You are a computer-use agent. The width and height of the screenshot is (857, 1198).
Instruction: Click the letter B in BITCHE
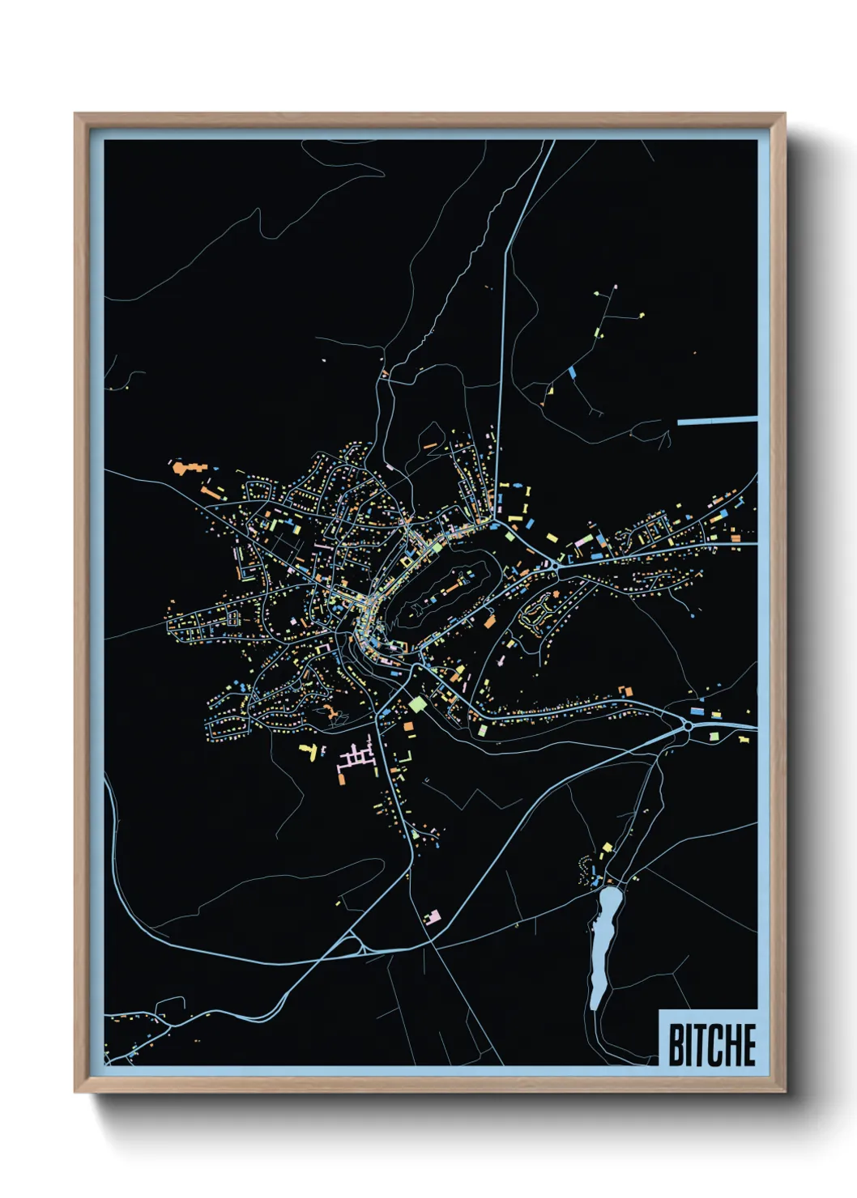tap(676, 1045)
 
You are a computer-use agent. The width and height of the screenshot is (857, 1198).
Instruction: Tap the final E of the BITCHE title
tap(748, 1045)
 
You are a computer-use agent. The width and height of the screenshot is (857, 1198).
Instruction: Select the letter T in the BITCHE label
tap(698, 1045)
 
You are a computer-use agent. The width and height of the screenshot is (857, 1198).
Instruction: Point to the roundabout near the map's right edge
tap(687, 726)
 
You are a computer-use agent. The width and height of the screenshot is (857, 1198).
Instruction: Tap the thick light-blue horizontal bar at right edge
tap(717, 421)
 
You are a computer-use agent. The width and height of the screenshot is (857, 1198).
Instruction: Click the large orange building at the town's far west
tap(186, 468)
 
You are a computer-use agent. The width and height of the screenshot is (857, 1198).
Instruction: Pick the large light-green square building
tap(417, 703)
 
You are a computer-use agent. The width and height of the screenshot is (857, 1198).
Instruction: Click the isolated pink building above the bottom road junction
tap(433, 916)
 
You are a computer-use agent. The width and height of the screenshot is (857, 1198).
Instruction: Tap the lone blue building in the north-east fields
tap(573, 372)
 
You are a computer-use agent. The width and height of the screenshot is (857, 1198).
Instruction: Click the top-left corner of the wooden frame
tap(75, 114)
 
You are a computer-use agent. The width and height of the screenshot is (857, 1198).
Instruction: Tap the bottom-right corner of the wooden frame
tap(784, 1092)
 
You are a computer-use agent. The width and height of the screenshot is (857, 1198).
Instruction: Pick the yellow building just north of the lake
tap(608, 848)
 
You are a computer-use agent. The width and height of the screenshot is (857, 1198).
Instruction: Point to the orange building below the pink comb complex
tap(343, 780)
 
